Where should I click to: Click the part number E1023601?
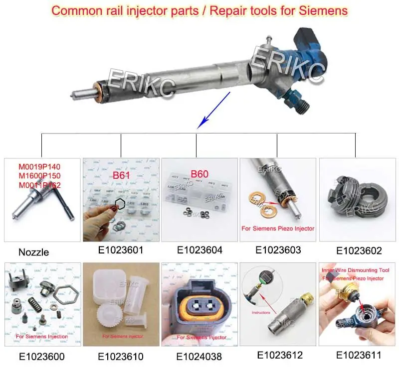coord(121,250)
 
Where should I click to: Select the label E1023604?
coord(199,250)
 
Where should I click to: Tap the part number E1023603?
coord(278,250)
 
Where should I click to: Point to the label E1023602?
coord(359,251)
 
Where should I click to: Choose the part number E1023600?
coord(41,357)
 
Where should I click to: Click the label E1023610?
coord(121,357)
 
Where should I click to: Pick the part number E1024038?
coord(199,357)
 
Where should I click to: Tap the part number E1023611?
coord(359,355)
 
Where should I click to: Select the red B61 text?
coord(121,175)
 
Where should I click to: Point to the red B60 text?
coord(199,175)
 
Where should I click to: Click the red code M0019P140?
coord(42,167)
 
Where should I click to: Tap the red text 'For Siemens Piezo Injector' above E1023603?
coord(278,229)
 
